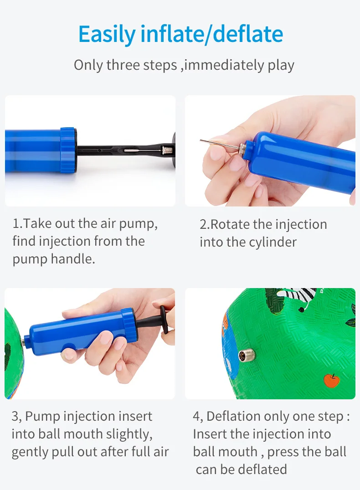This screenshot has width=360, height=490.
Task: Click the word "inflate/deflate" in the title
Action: pos(212,34)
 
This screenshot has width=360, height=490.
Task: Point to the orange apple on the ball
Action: pos(332,380)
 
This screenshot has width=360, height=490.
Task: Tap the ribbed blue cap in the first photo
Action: pos(68,150)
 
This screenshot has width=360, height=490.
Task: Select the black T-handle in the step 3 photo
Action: pos(159,320)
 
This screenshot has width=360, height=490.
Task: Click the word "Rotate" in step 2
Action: pos(230,225)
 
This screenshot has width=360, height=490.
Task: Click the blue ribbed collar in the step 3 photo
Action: pos(129,325)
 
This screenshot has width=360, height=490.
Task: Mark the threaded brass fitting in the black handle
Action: pos(167,150)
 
